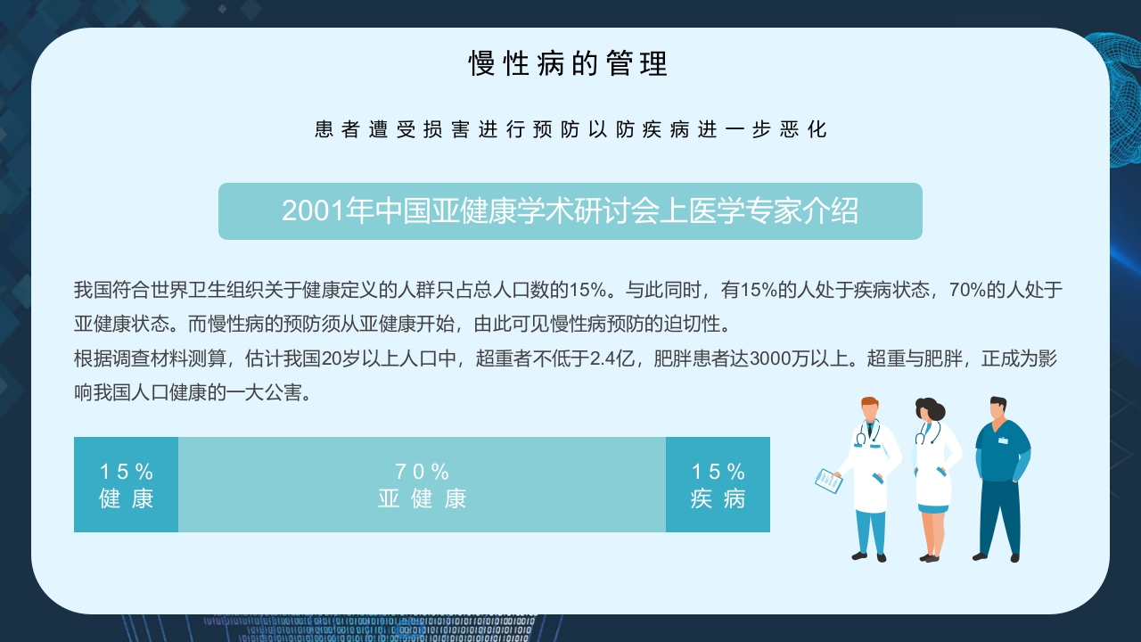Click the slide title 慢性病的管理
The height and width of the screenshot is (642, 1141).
tap(569, 64)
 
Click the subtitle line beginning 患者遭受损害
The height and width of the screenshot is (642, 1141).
tap(570, 130)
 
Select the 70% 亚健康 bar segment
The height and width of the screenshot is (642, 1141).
tap(422, 485)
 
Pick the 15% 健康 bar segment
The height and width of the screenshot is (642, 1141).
tap(126, 485)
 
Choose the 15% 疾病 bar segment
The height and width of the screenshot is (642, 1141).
tap(718, 485)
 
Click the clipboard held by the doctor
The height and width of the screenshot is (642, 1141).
tap(828, 481)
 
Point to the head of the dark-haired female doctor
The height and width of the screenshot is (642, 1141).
tap(928, 410)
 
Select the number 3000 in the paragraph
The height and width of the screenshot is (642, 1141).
tap(770, 359)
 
